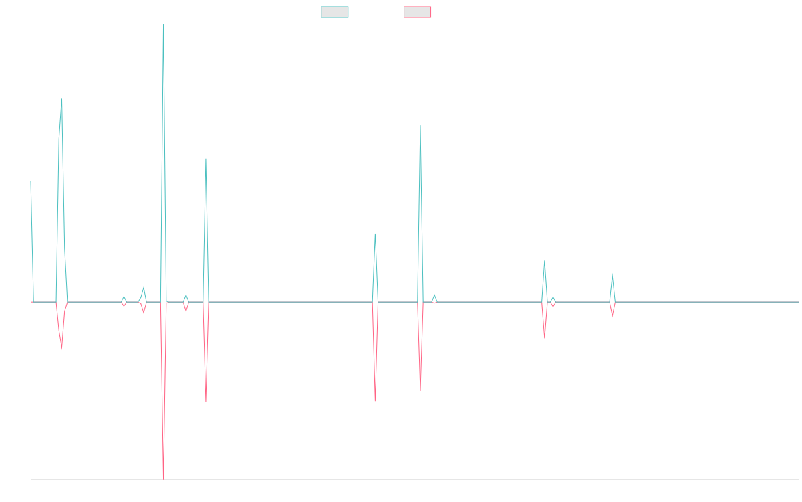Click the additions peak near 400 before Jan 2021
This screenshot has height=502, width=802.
(x=61, y=99)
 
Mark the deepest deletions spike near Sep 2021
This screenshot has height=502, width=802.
(x=164, y=478)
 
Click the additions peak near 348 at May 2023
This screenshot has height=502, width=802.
(x=420, y=125)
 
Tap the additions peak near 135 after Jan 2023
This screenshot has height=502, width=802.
(x=375, y=234)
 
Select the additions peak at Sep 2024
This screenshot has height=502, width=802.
(x=612, y=274)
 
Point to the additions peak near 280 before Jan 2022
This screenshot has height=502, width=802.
(x=206, y=159)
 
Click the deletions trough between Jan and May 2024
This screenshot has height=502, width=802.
(x=544, y=338)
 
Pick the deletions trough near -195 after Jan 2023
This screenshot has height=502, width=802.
(x=375, y=401)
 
